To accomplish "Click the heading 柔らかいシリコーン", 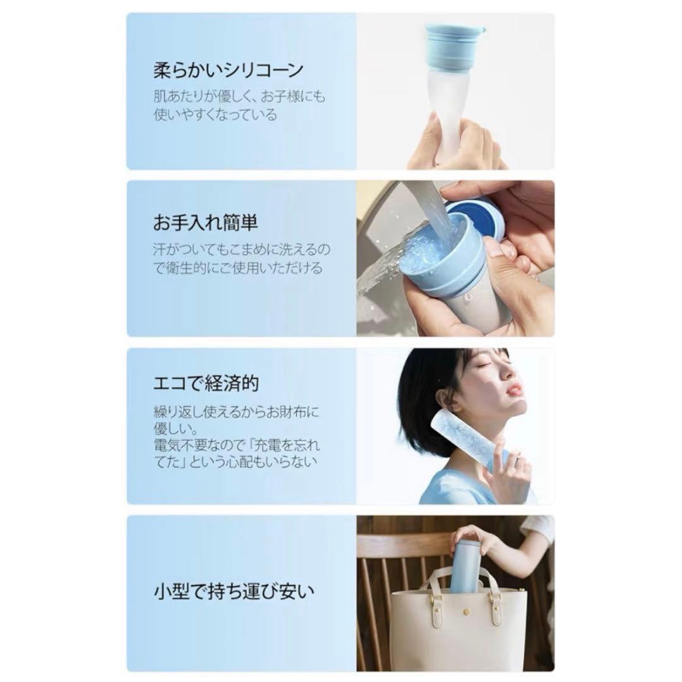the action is pyautogui.click(x=229, y=70).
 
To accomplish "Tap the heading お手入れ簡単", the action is pyautogui.click(x=205, y=222).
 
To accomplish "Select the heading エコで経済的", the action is pyautogui.click(x=206, y=383).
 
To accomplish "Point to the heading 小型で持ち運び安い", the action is pyautogui.click(x=234, y=592).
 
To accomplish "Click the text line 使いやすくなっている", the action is pyautogui.click(x=215, y=115).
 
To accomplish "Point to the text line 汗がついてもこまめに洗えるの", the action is pyautogui.click(x=242, y=249).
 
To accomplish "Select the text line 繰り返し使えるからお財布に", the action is pyautogui.click(x=236, y=412).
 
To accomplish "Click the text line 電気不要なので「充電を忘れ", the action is pyautogui.click(x=237, y=445).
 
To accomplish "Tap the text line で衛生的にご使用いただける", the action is pyautogui.click(x=238, y=268).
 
